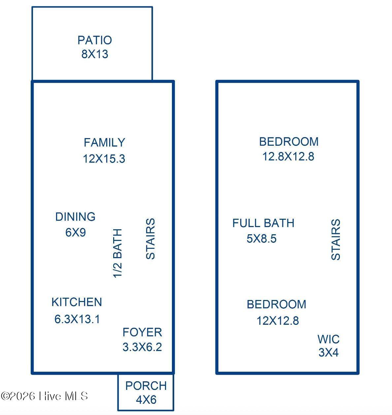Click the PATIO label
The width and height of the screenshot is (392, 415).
[x=95, y=40]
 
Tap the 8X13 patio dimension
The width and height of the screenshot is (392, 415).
[x=95, y=54]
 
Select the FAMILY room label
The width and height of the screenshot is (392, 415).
[x=104, y=142]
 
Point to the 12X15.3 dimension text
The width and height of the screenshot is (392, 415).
[x=104, y=159]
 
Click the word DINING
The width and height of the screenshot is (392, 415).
[x=75, y=216]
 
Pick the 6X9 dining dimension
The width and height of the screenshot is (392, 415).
[x=76, y=232]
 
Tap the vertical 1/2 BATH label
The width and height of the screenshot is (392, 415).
[x=117, y=253]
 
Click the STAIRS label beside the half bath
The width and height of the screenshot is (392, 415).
[x=150, y=239]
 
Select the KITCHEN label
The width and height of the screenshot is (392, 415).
[x=77, y=302]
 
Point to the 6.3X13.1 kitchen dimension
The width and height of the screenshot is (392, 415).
[x=77, y=319]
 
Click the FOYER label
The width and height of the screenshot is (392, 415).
[x=142, y=332]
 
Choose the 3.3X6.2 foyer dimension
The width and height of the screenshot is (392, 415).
[x=142, y=347]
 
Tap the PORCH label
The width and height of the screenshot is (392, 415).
[x=146, y=386]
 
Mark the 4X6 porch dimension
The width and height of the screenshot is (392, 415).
[x=146, y=399]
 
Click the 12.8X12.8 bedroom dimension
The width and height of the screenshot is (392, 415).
[x=288, y=156]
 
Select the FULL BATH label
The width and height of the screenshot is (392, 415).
[x=263, y=223]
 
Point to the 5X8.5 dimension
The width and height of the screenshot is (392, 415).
[x=261, y=239]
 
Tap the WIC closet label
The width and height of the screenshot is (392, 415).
[x=329, y=339]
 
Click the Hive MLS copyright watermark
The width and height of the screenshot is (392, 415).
[x=44, y=396]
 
